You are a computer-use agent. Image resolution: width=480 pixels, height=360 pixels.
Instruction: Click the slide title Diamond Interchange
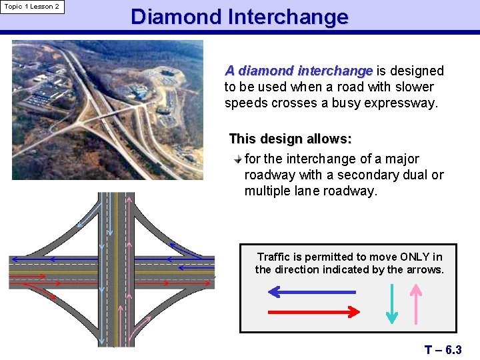239,17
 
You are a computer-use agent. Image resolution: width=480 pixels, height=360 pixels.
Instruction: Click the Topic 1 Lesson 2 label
31,7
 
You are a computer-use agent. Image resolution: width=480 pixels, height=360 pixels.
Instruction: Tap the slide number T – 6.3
443,349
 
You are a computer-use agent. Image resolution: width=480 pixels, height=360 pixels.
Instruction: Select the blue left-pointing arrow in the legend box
311,292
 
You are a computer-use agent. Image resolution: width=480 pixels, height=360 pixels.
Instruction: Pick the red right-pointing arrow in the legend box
314,311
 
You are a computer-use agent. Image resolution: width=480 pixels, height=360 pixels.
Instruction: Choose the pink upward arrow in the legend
415,303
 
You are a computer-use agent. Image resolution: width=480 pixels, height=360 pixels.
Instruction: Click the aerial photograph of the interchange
107,110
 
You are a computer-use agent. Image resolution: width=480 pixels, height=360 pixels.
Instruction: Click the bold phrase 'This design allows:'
290,139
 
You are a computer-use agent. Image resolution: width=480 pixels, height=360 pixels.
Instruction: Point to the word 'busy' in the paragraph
353,103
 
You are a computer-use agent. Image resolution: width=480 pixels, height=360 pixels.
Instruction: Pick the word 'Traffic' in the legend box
273,257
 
